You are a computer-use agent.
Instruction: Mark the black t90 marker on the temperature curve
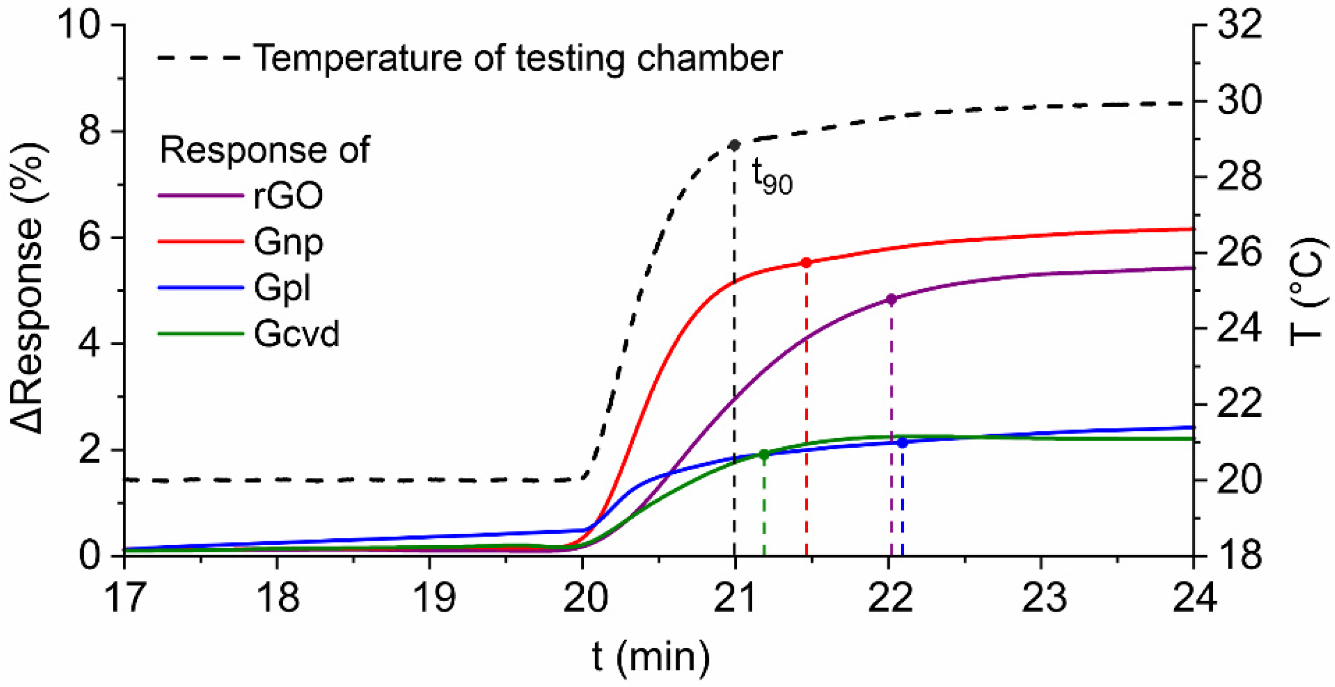(x=734, y=145)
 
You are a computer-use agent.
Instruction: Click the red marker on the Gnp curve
(x=806, y=263)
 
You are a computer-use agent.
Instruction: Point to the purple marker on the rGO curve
(x=892, y=299)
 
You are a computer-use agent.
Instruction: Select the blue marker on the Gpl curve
(x=903, y=443)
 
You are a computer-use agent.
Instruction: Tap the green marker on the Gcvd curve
(x=764, y=455)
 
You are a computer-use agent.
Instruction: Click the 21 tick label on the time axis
(x=734, y=597)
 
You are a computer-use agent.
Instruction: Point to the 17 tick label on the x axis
(x=125, y=597)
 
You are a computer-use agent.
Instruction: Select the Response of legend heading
(x=265, y=150)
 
